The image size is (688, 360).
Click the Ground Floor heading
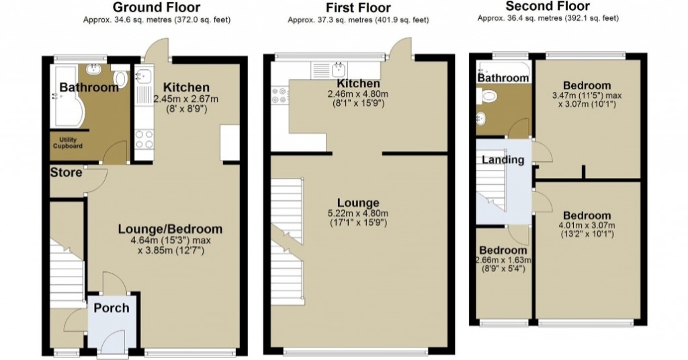pyautogui.click(x=156, y=7)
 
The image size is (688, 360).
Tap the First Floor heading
pyautogui.click(x=358, y=8)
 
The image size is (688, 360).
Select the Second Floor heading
pyautogui.click(x=548, y=7)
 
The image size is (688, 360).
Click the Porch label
pyautogui.click(x=111, y=308)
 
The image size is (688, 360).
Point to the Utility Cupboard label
pyautogui.click(x=68, y=143)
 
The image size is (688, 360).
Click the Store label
pyautogui.click(x=66, y=173)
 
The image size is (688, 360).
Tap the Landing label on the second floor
pyautogui.click(x=503, y=160)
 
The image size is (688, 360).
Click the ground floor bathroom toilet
pyautogui.click(x=121, y=79)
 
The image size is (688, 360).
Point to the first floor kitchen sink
pyautogui.click(x=338, y=69)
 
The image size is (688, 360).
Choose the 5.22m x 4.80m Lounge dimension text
pyautogui.click(x=358, y=215)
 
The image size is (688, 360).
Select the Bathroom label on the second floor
pyautogui.click(x=503, y=78)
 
